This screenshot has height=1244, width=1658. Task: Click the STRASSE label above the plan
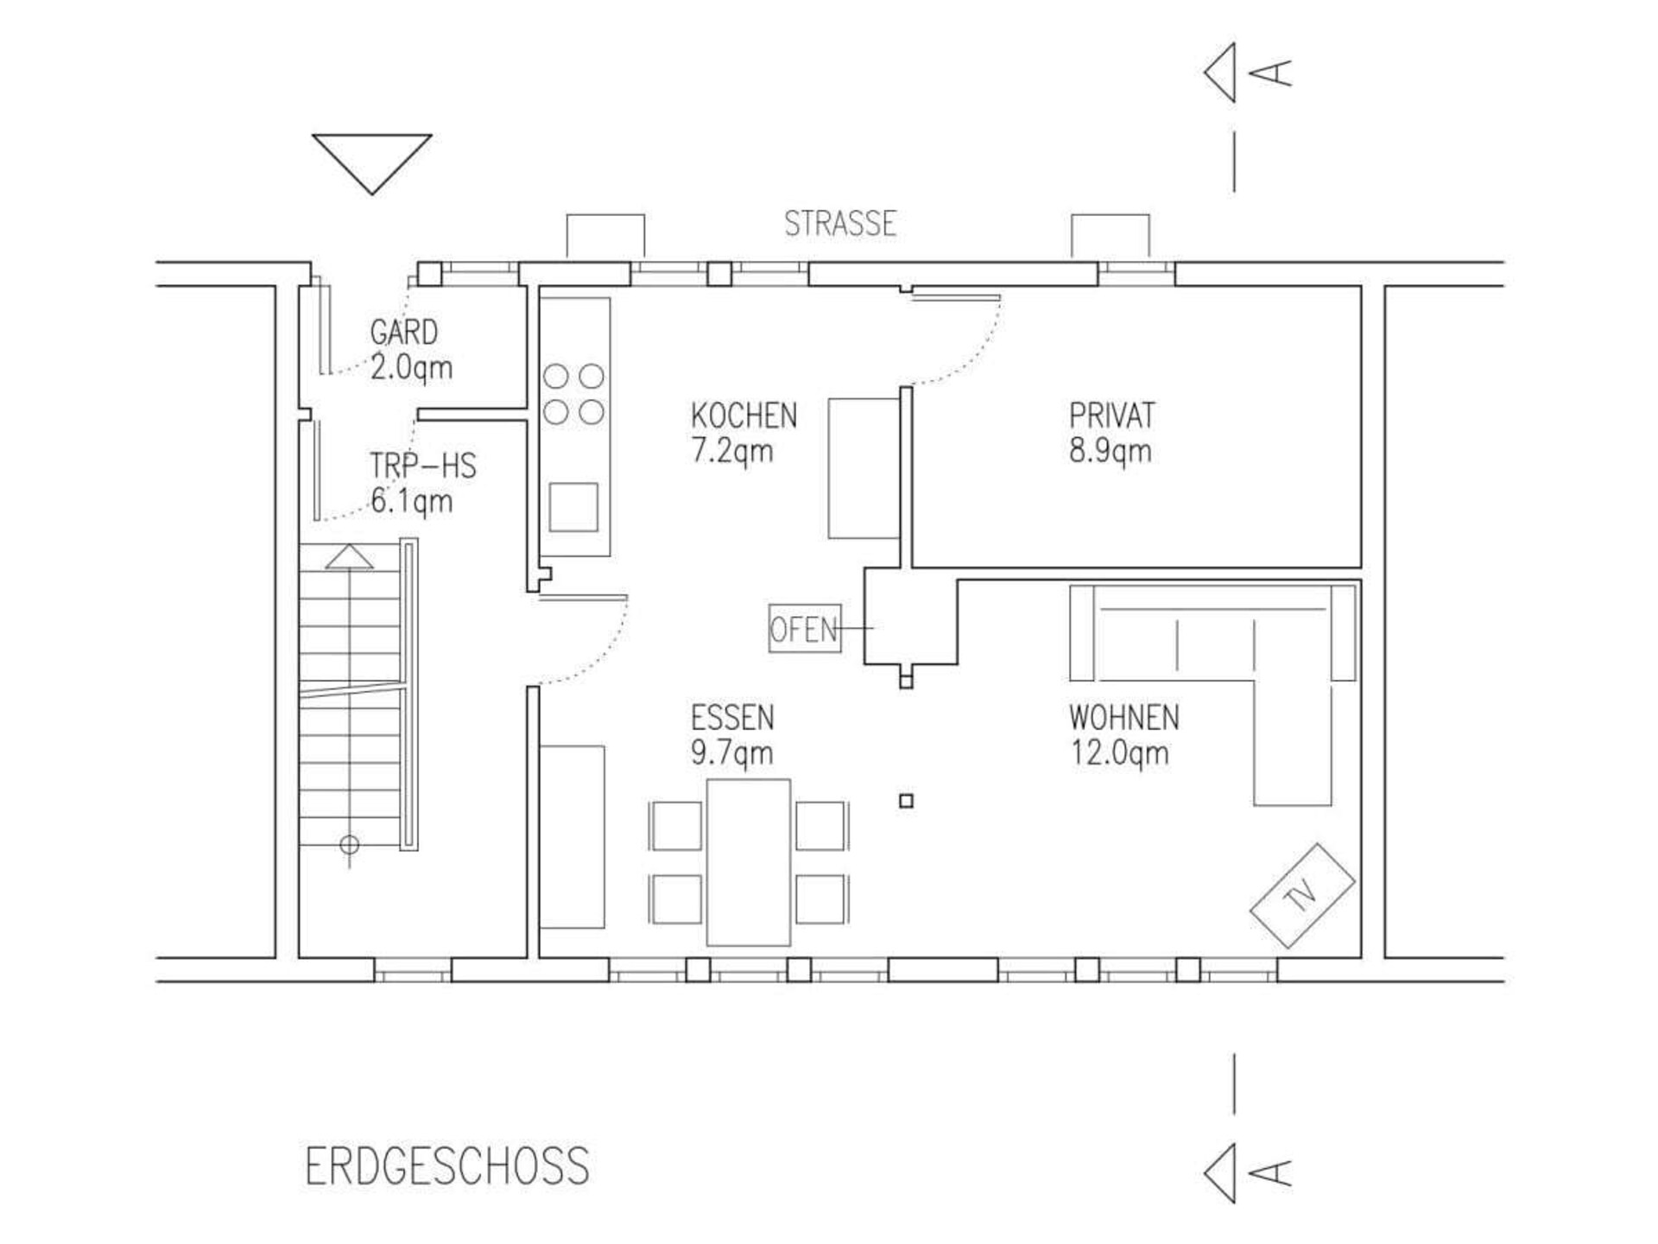(840, 224)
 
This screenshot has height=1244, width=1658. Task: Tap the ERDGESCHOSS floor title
(447, 1165)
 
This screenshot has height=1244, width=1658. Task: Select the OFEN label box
(805, 628)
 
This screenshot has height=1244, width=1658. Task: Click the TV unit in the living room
(1303, 896)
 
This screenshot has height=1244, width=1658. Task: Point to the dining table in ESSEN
(749, 862)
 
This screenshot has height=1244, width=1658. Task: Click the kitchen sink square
(573, 507)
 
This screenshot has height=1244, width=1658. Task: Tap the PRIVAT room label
(1111, 416)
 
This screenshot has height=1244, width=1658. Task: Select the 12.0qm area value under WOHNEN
(1120, 752)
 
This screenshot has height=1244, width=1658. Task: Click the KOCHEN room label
(744, 416)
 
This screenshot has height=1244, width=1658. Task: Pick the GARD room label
(403, 332)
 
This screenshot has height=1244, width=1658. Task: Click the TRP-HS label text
(423, 466)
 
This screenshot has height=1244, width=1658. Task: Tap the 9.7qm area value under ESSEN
(731, 752)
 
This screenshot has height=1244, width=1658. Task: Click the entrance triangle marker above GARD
(372, 163)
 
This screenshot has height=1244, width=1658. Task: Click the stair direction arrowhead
(350, 556)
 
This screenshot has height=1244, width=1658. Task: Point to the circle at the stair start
(350, 844)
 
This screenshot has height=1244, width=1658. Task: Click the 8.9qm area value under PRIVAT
(1111, 451)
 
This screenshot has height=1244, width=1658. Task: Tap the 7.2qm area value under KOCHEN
(731, 451)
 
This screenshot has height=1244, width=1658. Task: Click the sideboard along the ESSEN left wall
(572, 836)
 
